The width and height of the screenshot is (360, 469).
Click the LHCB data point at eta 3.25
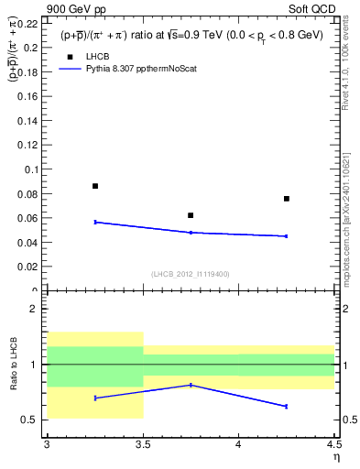click(95, 186)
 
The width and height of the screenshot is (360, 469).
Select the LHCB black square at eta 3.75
click(191, 215)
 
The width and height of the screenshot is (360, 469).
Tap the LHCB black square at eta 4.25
click(287, 199)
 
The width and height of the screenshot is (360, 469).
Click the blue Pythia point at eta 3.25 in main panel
click(95, 222)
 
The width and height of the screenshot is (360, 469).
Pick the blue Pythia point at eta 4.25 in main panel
click(287, 236)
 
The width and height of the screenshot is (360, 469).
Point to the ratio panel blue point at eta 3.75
click(191, 385)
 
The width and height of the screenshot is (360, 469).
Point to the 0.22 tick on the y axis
click(27, 22)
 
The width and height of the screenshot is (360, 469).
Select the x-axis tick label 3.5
click(142, 445)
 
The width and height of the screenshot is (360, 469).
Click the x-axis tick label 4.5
click(333, 445)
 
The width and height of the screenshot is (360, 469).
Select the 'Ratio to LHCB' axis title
click(13, 365)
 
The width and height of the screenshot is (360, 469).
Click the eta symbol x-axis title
click(335, 457)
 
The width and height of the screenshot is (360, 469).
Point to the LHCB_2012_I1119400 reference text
click(190, 274)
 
